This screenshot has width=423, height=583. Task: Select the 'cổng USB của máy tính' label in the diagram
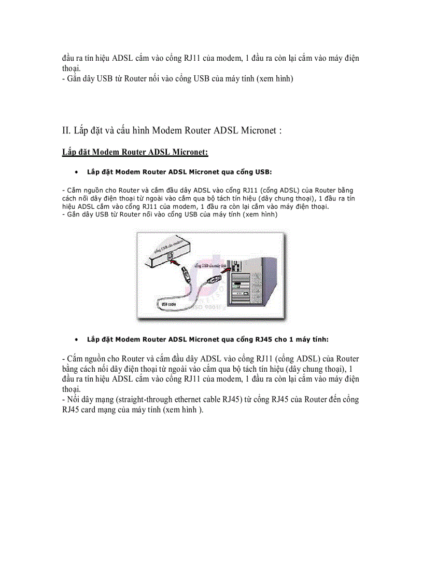point(210,265)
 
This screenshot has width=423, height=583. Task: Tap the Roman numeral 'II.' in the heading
point(66,130)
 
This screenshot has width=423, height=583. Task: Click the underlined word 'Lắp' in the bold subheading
point(68,152)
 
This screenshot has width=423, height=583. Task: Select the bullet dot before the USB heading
point(76,172)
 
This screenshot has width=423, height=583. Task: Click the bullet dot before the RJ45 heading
point(76,340)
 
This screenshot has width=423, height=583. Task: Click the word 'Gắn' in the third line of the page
point(75,79)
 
